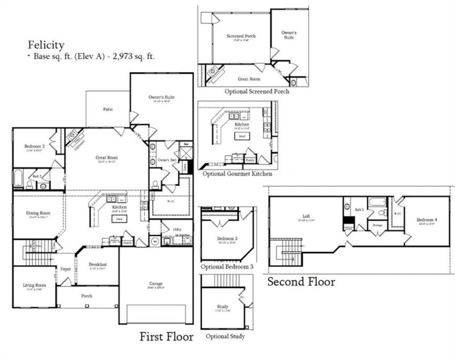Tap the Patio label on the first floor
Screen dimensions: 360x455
[x=107, y=109]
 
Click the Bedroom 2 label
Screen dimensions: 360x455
[x=34, y=147]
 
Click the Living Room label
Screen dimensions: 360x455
[x=34, y=287]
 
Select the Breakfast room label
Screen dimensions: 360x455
[x=100, y=265]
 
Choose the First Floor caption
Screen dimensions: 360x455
[x=167, y=337]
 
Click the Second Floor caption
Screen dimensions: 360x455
[x=301, y=282]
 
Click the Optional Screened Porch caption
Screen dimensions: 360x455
[x=257, y=91]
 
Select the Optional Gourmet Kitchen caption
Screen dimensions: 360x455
[x=237, y=174]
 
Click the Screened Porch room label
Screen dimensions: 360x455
[x=241, y=36]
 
